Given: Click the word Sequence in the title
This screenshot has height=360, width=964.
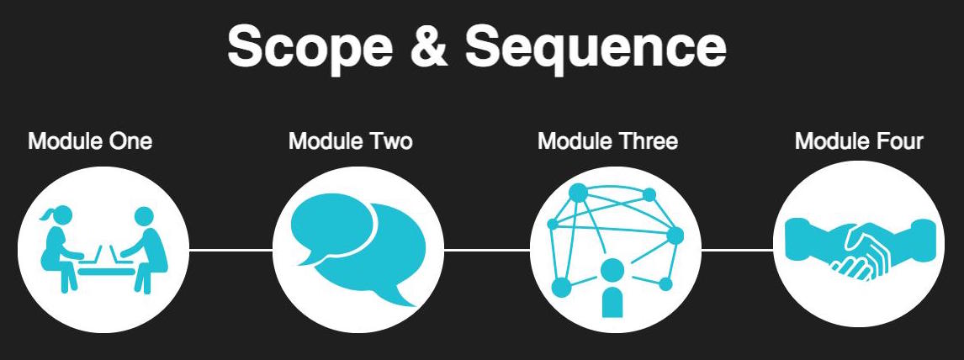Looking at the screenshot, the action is pyautogui.click(x=596, y=48).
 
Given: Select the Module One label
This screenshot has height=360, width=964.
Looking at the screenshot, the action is pyautogui.click(x=90, y=140).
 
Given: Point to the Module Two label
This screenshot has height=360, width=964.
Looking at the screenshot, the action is pyautogui.click(x=350, y=140).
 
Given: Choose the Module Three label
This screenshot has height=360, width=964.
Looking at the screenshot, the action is pyautogui.click(x=607, y=140).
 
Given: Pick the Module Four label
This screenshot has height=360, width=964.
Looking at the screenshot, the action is pyautogui.click(x=859, y=140).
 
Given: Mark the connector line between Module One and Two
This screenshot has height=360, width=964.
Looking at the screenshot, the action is pyautogui.click(x=230, y=250).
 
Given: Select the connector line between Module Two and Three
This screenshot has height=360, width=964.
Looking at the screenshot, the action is pyautogui.click(x=487, y=250).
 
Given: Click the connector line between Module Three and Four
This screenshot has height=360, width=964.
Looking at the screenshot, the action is pyautogui.click(x=737, y=250).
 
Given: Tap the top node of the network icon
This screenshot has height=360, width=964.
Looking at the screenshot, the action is pyautogui.click(x=578, y=193).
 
